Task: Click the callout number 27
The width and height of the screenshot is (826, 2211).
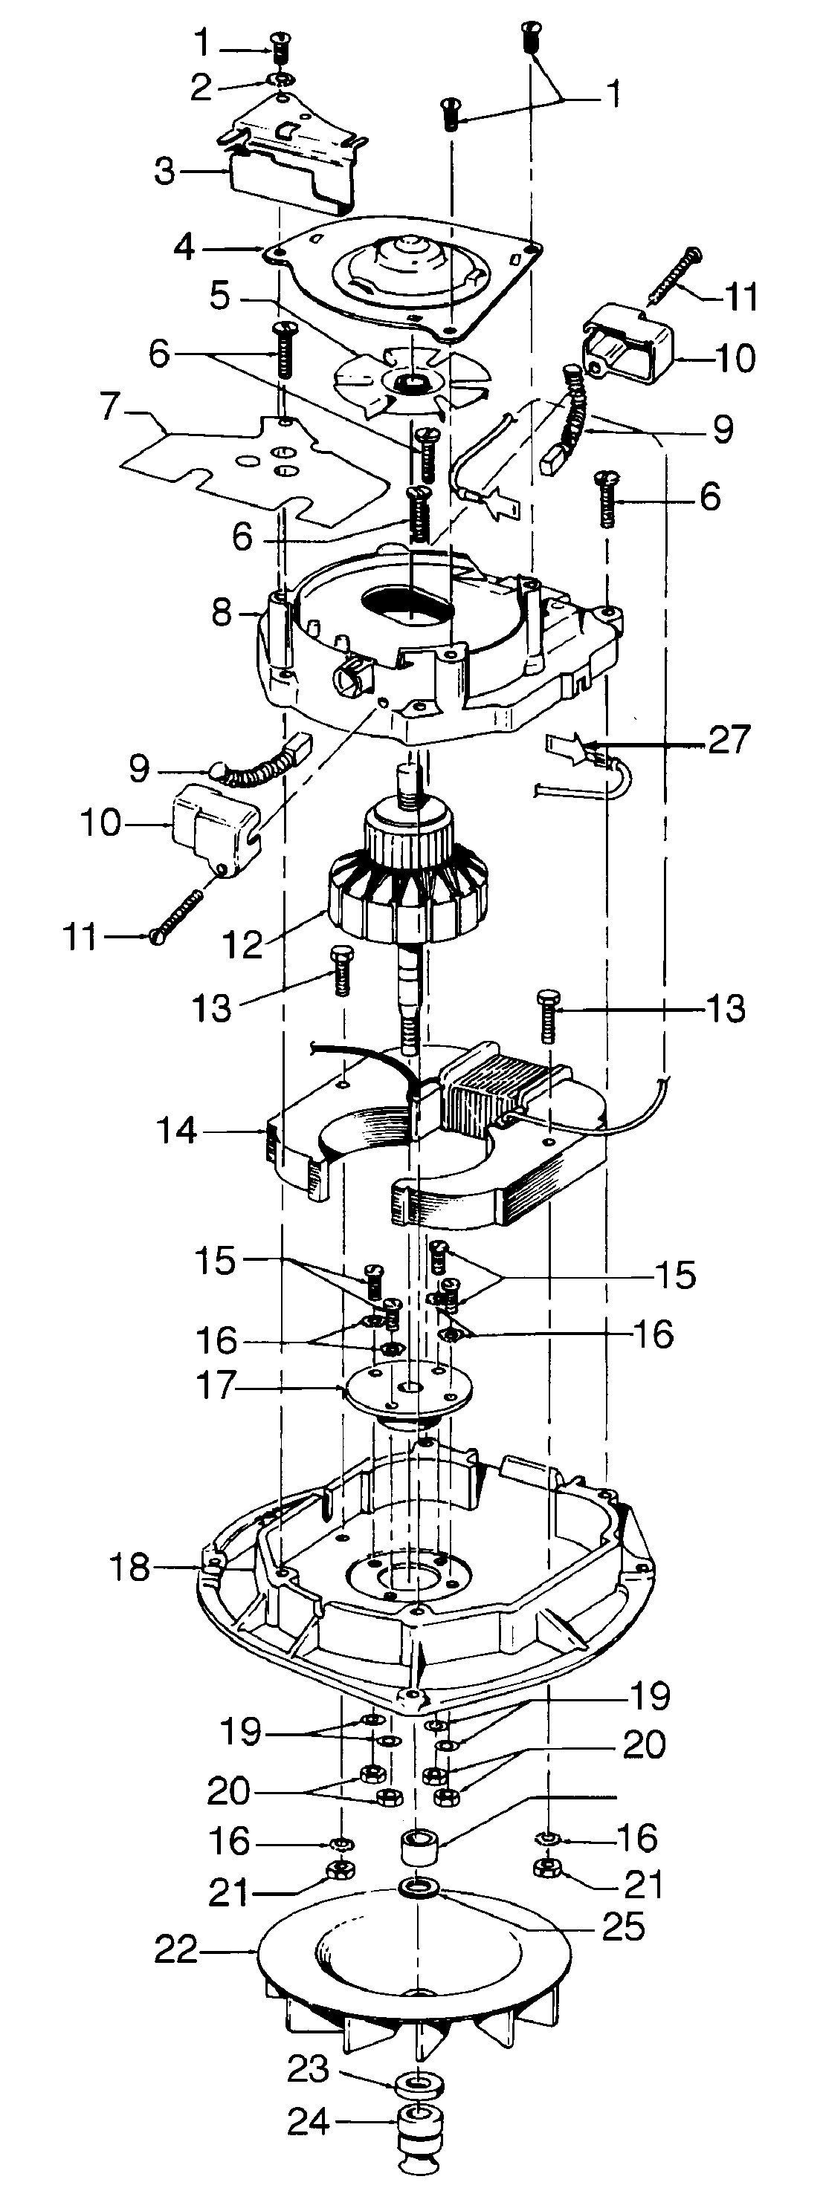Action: tap(729, 739)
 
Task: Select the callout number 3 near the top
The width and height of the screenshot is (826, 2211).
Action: tap(164, 171)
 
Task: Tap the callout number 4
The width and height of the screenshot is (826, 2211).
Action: tap(184, 247)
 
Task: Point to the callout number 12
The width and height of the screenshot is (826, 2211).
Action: tap(242, 944)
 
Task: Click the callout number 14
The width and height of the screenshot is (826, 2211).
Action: tap(177, 1131)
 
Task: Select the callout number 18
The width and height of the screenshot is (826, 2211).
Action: tap(129, 1568)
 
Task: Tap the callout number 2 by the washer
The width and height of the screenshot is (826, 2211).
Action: tap(200, 88)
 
